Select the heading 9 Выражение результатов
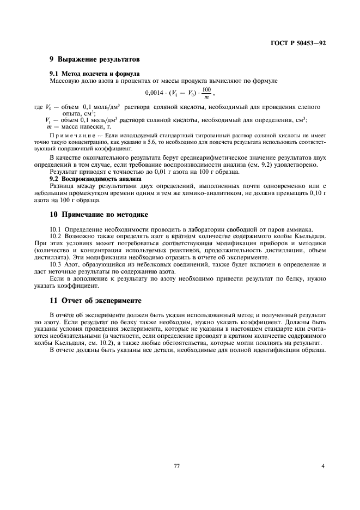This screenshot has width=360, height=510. tap(95, 59)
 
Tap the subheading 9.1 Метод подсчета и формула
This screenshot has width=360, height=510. tap(94, 74)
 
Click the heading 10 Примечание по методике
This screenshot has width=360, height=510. tap(99, 215)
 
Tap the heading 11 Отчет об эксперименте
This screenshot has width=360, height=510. tap(95, 300)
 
